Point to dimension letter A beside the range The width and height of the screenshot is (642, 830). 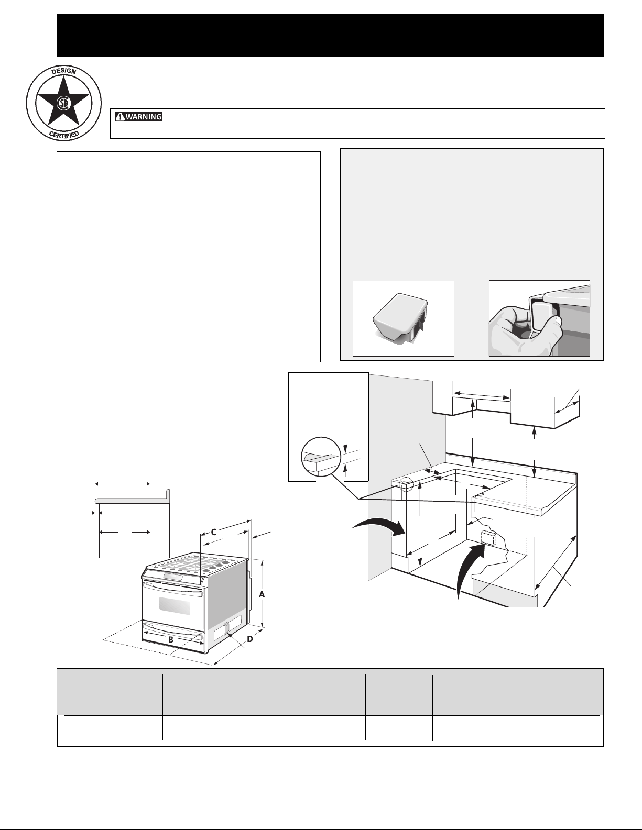click(x=262, y=595)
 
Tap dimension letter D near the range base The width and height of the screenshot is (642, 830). click(x=250, y=639)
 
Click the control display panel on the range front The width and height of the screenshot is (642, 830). click(x=173, y=577)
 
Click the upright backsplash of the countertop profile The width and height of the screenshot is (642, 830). click(x=169, y=495)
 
